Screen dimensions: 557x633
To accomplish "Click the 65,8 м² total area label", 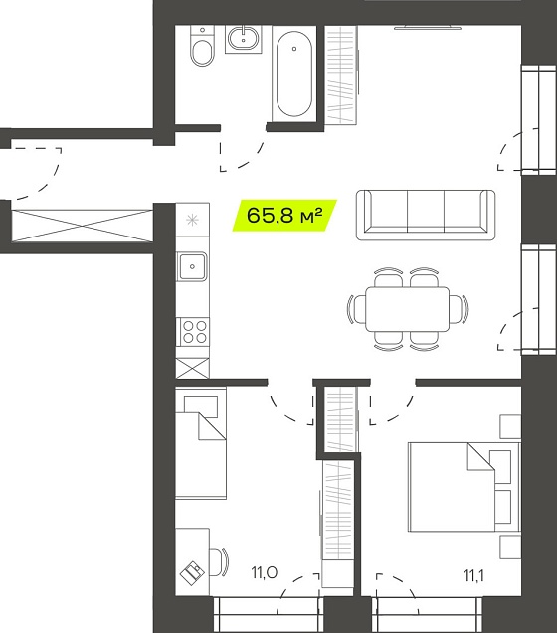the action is pos(284,216).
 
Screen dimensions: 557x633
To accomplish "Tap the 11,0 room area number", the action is pos(264,572).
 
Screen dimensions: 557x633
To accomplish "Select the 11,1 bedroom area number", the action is pos(473,576).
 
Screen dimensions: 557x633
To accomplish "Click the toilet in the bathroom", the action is pos(202,46).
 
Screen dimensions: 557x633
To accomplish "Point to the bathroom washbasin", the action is pos(243,39).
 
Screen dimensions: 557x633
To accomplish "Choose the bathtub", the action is pos(294,74).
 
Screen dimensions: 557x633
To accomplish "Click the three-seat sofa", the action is pos(426,216).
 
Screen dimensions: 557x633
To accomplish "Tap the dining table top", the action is pos(408,309).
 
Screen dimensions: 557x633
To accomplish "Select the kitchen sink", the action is pos(192,267).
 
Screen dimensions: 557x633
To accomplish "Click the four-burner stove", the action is pos(193,332).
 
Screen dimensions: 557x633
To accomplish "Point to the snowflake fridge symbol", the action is pos(192,220).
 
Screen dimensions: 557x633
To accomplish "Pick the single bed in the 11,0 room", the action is pos(201,443).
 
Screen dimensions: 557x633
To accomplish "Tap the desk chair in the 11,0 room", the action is pos(219,561).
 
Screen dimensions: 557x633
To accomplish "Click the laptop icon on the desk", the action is pos(192,572).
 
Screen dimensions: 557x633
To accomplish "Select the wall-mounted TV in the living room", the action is pos(428,27).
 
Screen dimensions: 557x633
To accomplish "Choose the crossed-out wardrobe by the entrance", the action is pos(83,226).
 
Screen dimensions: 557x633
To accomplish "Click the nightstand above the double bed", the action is pos(510,426).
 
